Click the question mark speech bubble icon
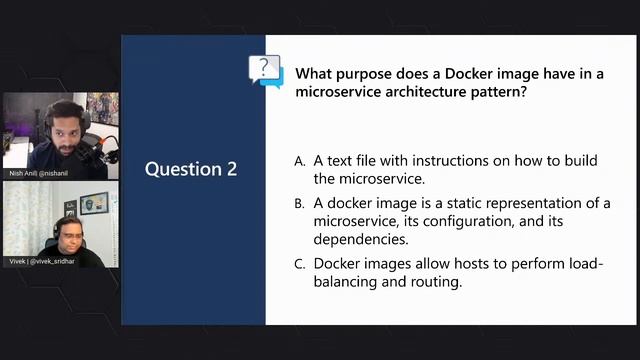265,70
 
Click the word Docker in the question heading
456,73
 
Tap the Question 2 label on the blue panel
191,168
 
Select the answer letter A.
299,161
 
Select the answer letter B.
299,203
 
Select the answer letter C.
299,264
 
